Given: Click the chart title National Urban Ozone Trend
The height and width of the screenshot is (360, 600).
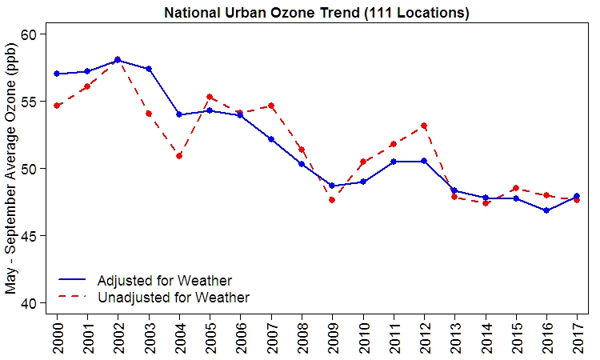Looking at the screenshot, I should point(316,13).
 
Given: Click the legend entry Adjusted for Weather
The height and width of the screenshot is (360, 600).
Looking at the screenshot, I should point(164,281).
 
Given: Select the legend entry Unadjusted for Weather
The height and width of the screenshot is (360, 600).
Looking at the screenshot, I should point(173,298).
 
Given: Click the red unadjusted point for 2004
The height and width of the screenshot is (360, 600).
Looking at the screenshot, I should point(179,156).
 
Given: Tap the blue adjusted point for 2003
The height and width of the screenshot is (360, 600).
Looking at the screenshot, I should point(149,69).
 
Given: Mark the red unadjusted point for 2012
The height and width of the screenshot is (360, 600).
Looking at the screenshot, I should point(424,126).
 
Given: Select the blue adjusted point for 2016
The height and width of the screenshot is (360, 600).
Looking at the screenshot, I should point(546,210).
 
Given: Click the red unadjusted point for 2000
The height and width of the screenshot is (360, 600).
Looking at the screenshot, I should point(57,106).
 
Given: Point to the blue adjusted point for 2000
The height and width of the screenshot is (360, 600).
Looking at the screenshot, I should point(57,74).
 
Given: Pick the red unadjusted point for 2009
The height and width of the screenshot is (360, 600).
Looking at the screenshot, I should point(332,200).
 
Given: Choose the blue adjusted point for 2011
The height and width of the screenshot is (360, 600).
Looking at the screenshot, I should point(394,162).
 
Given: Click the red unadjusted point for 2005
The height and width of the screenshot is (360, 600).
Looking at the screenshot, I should point(210,97).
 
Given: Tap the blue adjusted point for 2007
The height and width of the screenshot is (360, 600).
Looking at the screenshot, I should point(271,139).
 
